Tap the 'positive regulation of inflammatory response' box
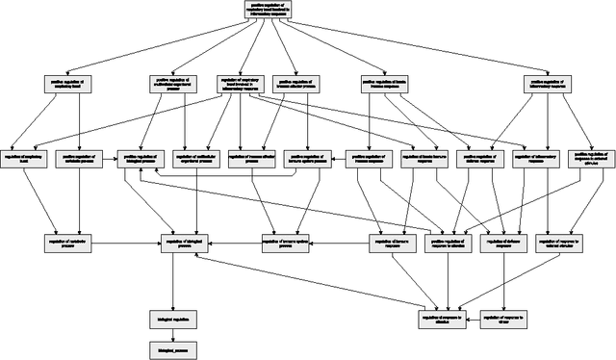(x=549, y=85)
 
